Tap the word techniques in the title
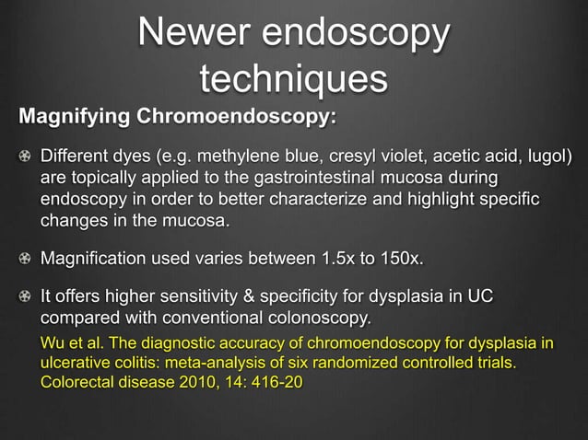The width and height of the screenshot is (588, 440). point(294,79)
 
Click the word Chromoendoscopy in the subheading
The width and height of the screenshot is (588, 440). point(235,118)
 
